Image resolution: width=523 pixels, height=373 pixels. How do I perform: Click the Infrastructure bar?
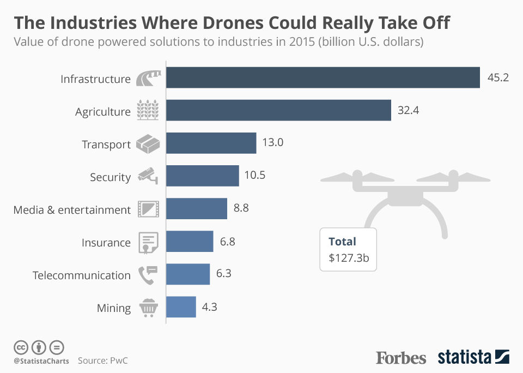(323, 77)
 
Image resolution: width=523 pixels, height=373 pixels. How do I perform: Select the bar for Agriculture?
(278, 110)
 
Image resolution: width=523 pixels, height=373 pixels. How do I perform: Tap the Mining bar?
(181, 306)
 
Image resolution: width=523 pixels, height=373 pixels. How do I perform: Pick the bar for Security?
(202, 176)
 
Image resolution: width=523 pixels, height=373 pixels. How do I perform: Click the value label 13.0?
(273, 143)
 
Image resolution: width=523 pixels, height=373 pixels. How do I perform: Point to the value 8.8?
(241, 208)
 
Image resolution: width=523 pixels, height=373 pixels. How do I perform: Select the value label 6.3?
(224, 274)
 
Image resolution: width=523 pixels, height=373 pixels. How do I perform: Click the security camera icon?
(148, 176)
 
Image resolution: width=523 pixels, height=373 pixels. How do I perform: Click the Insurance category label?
(106, 242)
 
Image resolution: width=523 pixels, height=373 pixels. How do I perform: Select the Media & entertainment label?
(72, 209)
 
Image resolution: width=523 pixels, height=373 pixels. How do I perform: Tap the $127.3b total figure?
(349, 258)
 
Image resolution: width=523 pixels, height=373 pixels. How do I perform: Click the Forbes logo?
(401, 358)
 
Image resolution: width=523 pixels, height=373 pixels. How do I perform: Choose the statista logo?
(473, 357)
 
